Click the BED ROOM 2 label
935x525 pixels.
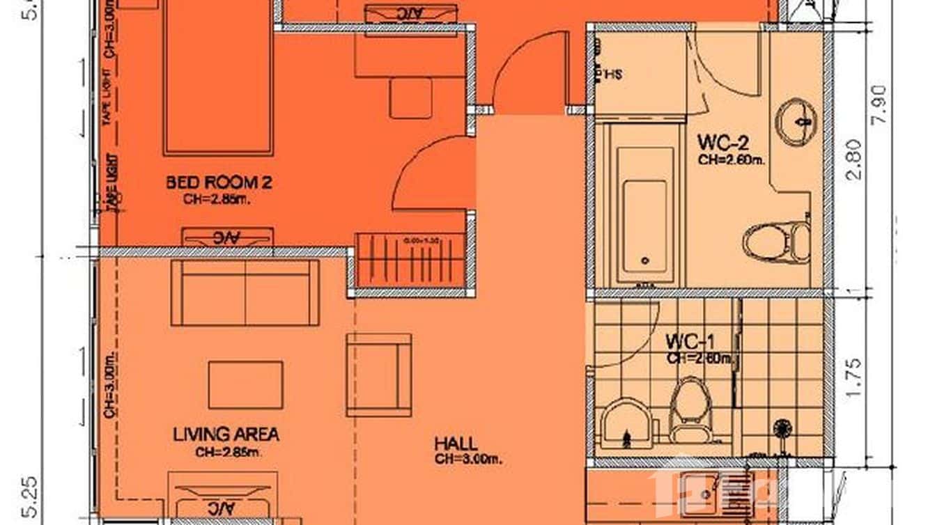point(218,183)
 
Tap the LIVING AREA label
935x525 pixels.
point(226,434)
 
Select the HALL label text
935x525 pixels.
point(456,444)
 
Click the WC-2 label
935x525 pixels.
point(722,143)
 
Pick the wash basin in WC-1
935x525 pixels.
point(626,423)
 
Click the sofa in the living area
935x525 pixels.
point(245,292)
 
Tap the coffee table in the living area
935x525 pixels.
point(245,384)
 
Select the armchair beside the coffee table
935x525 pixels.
point(378,375)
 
